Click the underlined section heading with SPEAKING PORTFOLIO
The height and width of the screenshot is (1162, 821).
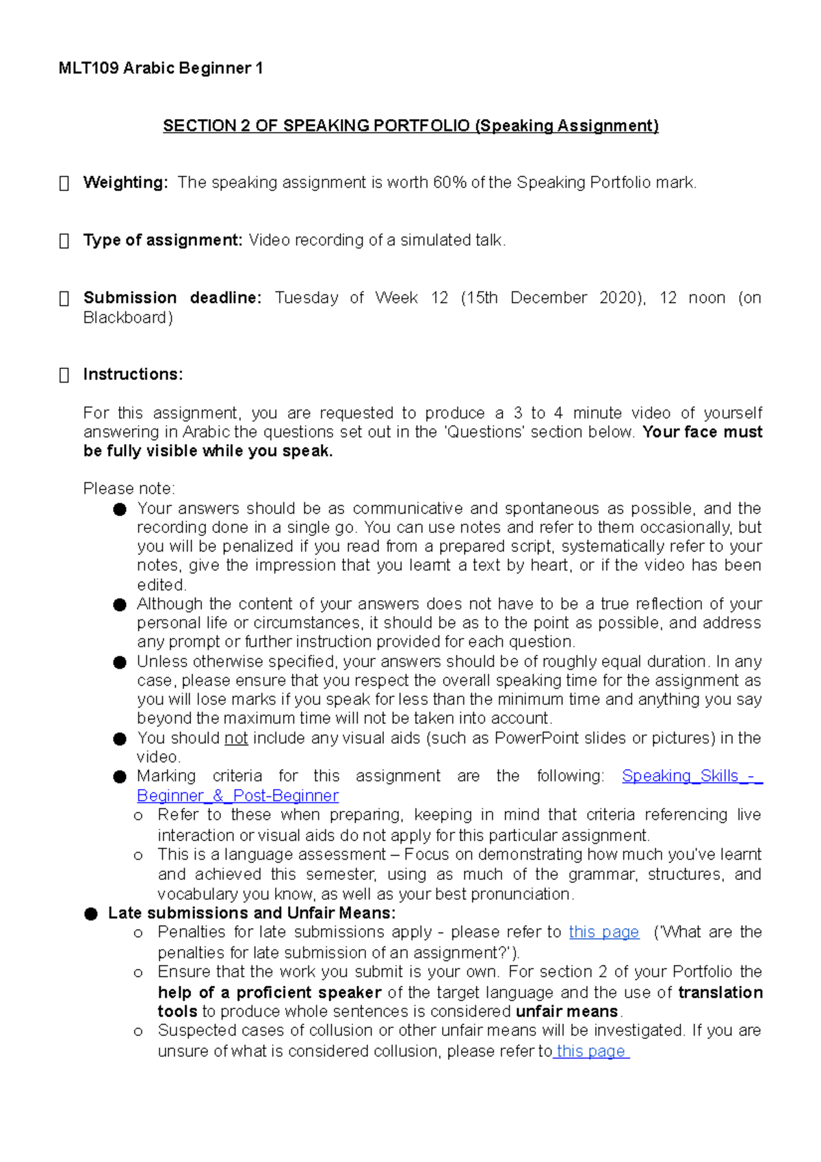pos(410,126)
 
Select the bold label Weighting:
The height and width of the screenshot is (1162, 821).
pos(125,183)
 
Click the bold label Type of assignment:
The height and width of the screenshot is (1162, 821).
pos(163,240)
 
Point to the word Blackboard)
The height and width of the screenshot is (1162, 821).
pos(128,318)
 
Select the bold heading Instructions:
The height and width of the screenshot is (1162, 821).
pos(133,374)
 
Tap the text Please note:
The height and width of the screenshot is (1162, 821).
pos(129,489)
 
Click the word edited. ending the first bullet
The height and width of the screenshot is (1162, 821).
pos(161,585)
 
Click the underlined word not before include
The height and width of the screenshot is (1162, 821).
pos(236,738)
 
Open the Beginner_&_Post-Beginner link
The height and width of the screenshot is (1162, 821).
pos(237,796)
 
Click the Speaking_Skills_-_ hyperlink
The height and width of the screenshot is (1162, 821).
pos(691,776)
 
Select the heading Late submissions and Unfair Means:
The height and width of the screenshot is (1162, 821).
pos(251,914)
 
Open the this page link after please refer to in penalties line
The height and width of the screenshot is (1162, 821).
pos(603,932)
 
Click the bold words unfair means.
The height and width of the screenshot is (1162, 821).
pos(566,1011)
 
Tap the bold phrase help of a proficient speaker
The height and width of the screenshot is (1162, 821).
pos(269,992)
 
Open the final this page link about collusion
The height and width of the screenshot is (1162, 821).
pos(591,1051)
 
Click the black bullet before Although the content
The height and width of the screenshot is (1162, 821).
pos(120,605)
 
